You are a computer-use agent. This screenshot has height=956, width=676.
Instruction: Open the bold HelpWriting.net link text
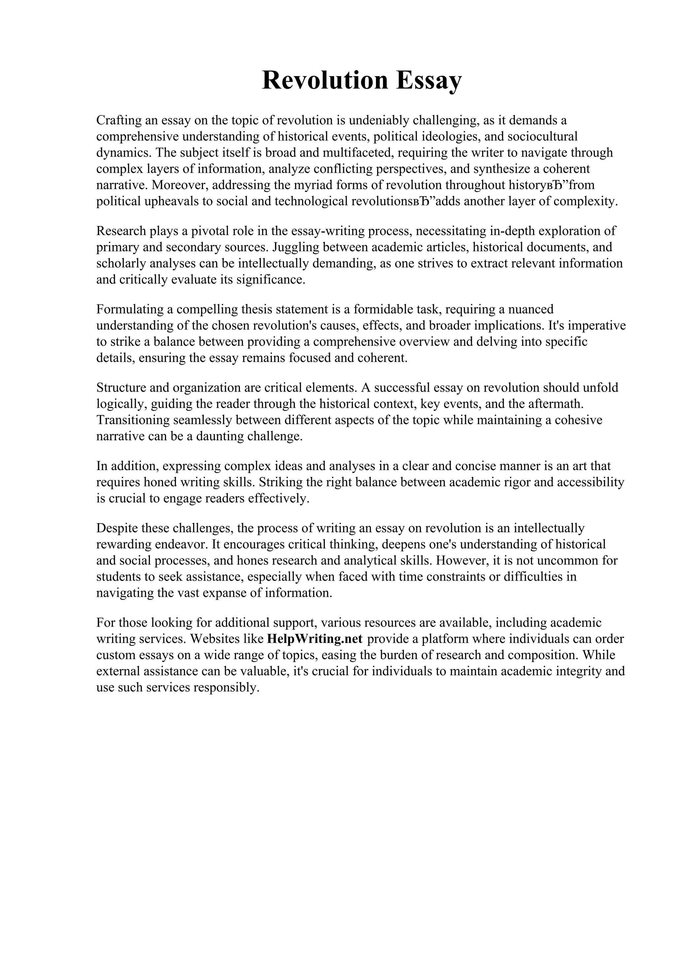[315, 639]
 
